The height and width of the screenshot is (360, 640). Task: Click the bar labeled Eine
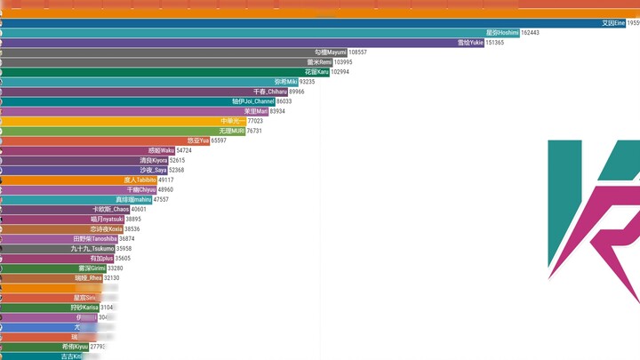[x=311, y=23]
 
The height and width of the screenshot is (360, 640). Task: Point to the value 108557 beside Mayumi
[x=358, y=52]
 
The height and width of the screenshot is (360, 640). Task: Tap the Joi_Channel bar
[x=133, y=101]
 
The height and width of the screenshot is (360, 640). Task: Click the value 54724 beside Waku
[x=184, y=150]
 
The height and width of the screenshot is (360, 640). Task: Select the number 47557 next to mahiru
[x=161, y=199]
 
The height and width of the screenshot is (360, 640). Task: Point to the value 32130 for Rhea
[x=112, y=278]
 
